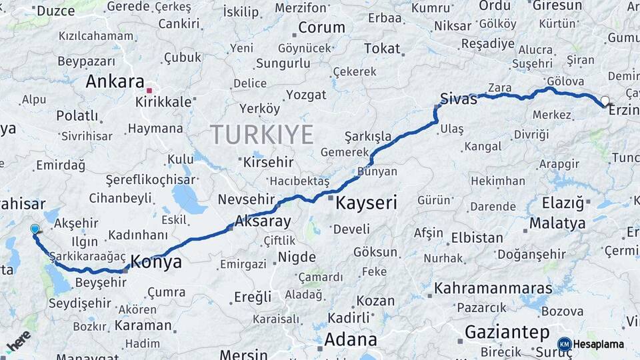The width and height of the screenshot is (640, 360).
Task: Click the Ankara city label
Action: [115, 82]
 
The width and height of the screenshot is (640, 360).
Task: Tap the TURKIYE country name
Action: [262, 135]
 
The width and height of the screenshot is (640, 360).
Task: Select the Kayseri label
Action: [366, 202]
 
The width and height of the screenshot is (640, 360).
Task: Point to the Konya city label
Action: [157, 262]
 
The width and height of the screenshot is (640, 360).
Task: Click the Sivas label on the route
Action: [459, 99]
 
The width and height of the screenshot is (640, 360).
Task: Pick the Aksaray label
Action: [263, 222]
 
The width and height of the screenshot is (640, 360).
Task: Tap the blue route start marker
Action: [35, 229]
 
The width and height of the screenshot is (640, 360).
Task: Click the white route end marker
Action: [605, 101]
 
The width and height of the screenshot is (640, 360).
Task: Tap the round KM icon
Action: [564, 344]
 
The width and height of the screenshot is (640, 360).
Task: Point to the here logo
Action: [19, 341]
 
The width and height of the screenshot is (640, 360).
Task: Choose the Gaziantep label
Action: [507, 332]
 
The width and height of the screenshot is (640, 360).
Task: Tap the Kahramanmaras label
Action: [493, 289]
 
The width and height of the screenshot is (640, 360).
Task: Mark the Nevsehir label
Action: [247, 200]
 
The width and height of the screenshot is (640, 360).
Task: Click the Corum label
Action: [321, 28]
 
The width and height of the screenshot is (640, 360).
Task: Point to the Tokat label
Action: [382, 49]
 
